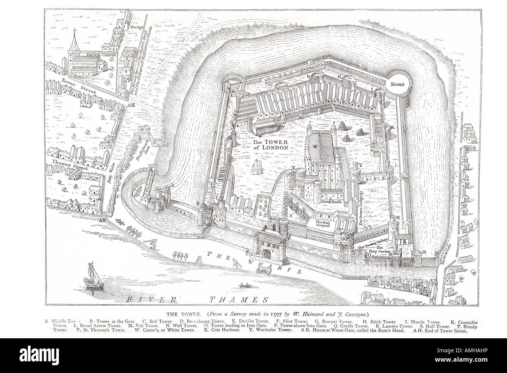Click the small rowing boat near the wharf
click(x=245, y=286)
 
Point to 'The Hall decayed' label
click(x=323, y=223)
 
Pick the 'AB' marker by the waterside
click(x=103, y=220)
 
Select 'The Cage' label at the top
click(x=135, y=28)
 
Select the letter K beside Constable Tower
click(x=393, y=127)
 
